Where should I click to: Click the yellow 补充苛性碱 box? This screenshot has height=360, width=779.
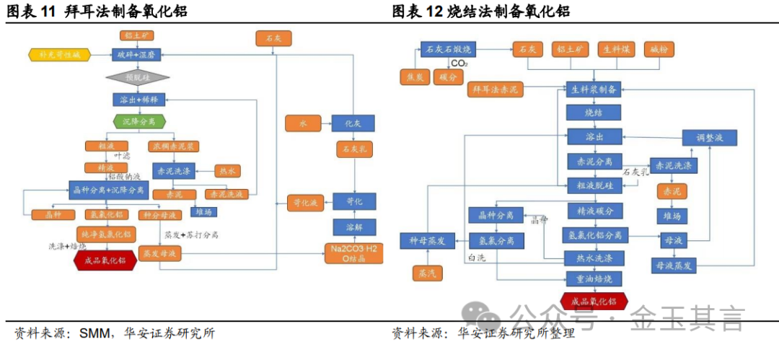coord(60,55)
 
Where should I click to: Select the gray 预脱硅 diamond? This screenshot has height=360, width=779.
coord(137,76)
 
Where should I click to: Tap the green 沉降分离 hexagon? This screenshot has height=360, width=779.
coord(139,121)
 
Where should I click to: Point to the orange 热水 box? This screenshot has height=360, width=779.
coord(226,171)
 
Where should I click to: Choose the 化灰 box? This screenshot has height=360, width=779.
coord(353,123)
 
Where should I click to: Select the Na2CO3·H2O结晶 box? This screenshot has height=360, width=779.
coord(353,253)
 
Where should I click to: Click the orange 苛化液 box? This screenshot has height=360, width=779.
coord(304,202)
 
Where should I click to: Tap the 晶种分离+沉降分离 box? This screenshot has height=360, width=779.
coord(109,192)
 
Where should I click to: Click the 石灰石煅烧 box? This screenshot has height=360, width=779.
coord(447,49)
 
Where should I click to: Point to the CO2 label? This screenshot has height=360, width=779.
coord(459,64)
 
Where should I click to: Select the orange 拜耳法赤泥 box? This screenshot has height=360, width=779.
coord(496,89)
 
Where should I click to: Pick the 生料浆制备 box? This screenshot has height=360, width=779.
coord(593,89)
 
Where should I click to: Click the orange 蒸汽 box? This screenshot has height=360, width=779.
coord(423,273)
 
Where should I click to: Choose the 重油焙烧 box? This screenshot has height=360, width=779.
coord(594,278)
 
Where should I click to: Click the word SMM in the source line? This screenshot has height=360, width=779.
coord(94,333)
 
